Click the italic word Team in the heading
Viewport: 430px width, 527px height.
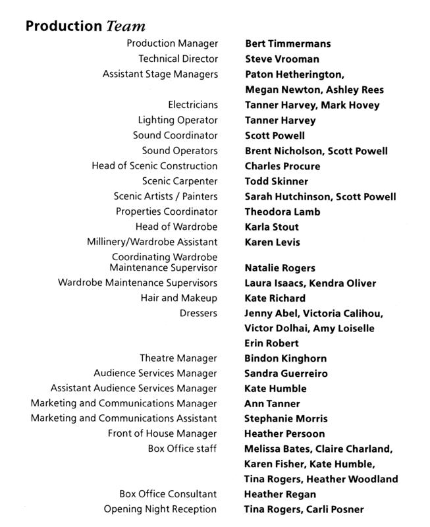point(125,26)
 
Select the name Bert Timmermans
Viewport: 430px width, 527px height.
point(288,44)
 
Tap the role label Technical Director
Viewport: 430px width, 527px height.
point(178,59)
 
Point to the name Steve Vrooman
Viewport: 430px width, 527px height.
point(282,59)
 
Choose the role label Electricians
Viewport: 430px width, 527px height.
point(193,105)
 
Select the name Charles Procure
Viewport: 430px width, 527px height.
point(282,166)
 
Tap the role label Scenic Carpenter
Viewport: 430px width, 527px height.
point(179,181)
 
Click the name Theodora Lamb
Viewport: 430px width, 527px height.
point(282,211)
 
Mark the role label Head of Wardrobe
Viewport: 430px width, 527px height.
point(176,227)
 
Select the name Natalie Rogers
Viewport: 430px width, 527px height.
point(280,268)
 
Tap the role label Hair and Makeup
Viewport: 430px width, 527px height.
point(178,298)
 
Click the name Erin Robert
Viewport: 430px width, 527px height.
point(271,343)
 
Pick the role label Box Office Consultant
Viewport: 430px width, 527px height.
point(168,494)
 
